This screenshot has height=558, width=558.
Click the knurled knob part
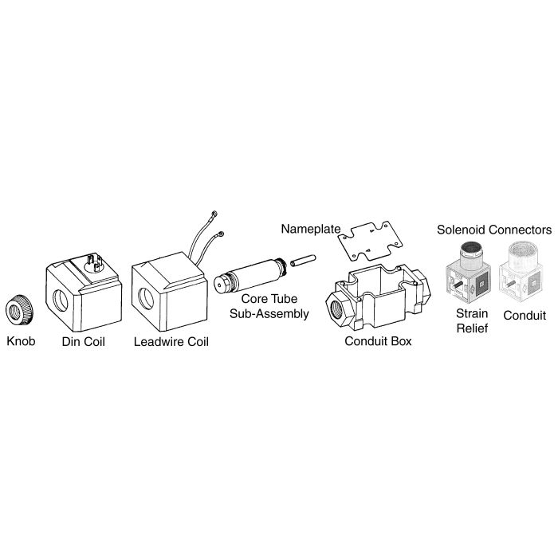click(x=20, y=310)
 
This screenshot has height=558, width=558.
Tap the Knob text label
click(x=21, y=341)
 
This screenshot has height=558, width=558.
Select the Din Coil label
click(x=83, y=342)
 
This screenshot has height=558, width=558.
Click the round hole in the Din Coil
click(x=61, y=301)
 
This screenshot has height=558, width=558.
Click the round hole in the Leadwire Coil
click(x=146, y=298)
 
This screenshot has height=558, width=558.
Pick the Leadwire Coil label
click(x=171, y=342)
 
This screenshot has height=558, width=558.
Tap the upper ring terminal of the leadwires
click(x=214, y=214)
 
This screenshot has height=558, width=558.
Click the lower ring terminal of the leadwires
click(x=221, y=234)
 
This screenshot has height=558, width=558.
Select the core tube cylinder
click(x=251, y=276)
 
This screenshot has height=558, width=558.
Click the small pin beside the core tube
click(x=303, y=260)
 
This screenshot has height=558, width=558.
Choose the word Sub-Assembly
click(x=269, y=313)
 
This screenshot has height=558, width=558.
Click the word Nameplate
click(x=311, y=229)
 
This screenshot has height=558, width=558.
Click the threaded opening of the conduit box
click(x=337, y=309)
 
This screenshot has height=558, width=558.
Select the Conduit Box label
click(x=378, y=341)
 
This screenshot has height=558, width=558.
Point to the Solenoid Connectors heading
click(x=494, y=230)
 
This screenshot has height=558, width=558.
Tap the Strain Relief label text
click(x=472, y=320)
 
